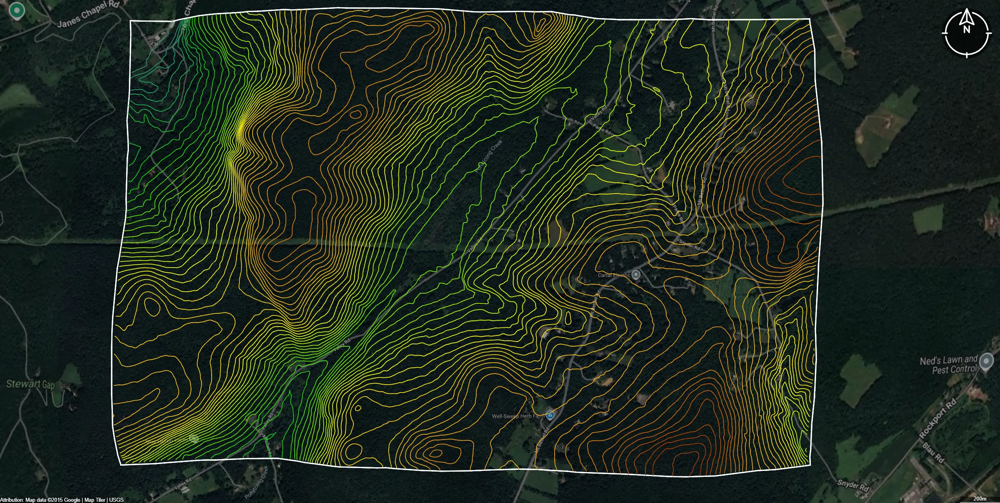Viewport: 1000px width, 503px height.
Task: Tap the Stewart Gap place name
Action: point(30,384)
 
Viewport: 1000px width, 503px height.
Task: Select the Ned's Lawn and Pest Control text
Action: point(949,365)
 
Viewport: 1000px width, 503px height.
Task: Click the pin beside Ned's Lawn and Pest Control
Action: point(986,362)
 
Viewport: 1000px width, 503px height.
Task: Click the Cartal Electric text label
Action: point(614,275)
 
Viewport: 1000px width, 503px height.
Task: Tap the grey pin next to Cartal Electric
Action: point(636,275)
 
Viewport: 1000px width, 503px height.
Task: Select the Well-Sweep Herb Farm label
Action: point(518,416)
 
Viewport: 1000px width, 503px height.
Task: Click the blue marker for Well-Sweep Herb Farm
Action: point(550,415)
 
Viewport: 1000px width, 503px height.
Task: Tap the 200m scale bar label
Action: point(980,499)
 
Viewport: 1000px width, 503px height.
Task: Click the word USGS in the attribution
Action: point(116,500)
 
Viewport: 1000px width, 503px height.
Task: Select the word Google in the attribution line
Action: point(72,500)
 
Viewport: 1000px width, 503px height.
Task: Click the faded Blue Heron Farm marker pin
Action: point(194,438)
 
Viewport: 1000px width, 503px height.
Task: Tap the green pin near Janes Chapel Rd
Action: point(16,10)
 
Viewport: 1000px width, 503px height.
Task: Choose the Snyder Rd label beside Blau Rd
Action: point(853,485)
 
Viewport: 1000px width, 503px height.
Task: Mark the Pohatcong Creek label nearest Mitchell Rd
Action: point(257,482)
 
